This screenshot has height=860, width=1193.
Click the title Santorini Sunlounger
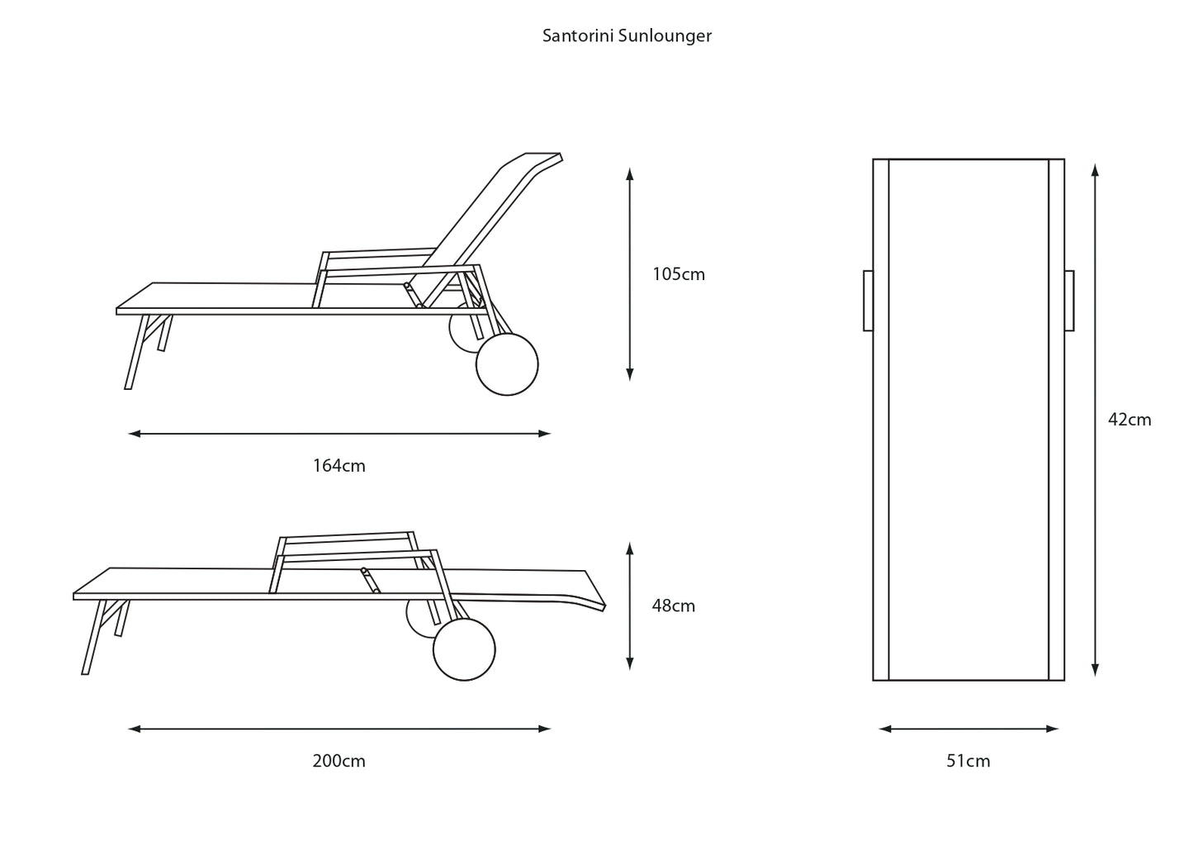coord(627,36)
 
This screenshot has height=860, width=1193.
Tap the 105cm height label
coord(679,274)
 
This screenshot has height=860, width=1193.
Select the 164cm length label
coord(338,466)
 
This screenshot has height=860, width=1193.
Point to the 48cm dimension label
coord(673,606)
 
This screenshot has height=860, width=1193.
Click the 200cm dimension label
coord(338,761)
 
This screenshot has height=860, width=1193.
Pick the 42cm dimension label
coord(1129,420)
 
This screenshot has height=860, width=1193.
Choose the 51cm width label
coord(968,761)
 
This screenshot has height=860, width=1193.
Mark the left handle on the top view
coord(868,301)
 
